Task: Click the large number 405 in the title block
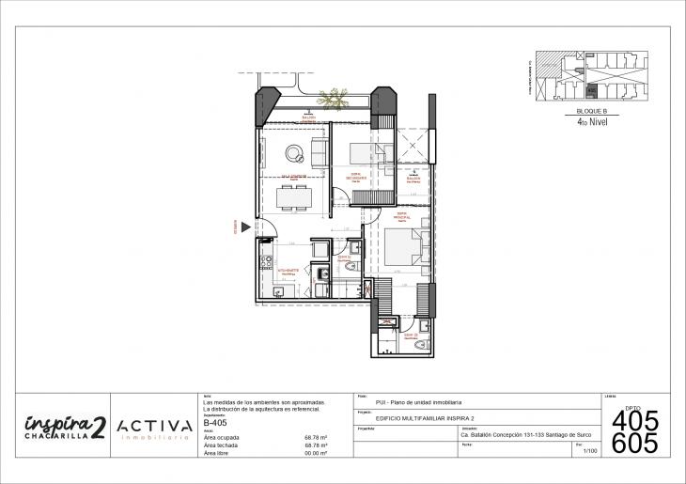(x=635, y=421)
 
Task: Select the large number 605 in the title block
(x=635, y=444)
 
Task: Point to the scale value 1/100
(x=590, y=452)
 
